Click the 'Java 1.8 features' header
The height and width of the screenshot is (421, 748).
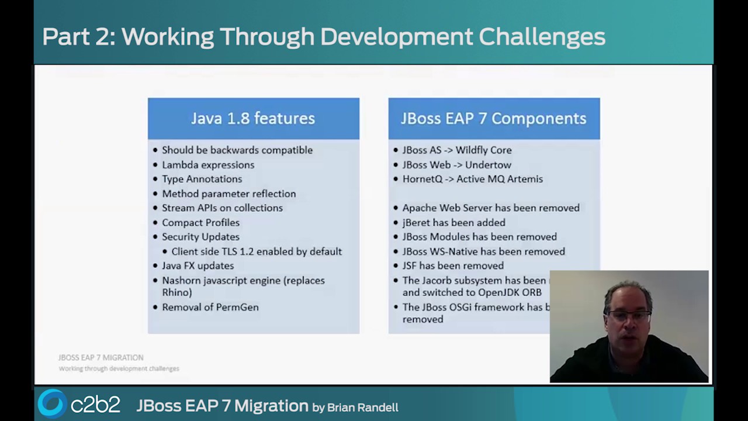coord(253,118)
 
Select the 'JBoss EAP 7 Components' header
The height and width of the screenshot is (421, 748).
coord(493,118)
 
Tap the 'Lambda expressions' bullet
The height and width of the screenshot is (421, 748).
coord(208,165)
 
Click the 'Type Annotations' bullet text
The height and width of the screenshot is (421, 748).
coord(202,179)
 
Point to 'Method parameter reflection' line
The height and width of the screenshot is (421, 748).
coord(228,194)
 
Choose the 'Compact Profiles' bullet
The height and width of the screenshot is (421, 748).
coord(200,222)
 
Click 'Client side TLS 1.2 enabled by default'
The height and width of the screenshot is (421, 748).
coord(256,251)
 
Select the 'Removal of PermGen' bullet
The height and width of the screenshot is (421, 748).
coord(210,307)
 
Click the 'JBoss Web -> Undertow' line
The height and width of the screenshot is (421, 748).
coord(456,165)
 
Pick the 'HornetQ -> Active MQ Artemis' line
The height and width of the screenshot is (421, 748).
coord(472,179)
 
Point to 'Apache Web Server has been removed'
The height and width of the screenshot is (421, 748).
coord(490,208)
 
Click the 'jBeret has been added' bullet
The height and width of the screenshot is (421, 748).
coord(453,222)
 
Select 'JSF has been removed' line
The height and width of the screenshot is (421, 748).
coord(453,265)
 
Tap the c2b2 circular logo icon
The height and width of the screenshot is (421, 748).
coord(52,403)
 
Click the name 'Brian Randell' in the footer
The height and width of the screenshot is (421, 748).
coord(362,408)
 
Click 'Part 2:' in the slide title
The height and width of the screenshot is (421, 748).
coord(78,36)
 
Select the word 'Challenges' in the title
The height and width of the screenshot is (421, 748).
coord(542,36)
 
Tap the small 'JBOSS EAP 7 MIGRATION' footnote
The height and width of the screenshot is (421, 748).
coord(101,357)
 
